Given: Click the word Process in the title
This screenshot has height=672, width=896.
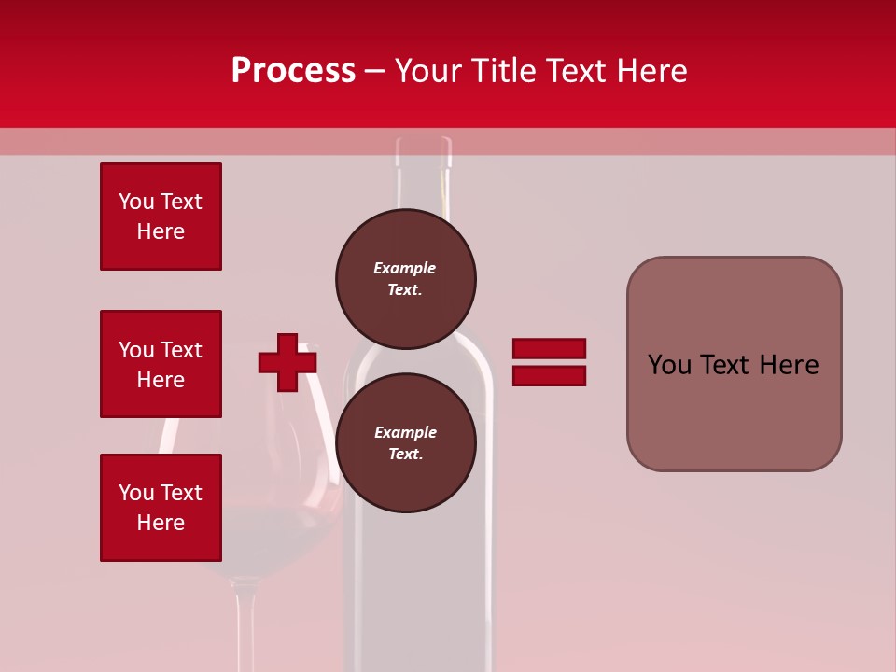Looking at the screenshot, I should click(293, 71).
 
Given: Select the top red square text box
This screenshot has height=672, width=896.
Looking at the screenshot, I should click(161, 217).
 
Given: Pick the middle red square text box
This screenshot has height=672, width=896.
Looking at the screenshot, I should click(161, 364).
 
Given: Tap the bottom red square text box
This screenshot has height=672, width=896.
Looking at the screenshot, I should click(161, 508).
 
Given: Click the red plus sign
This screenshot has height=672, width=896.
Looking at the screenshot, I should click(287, 362).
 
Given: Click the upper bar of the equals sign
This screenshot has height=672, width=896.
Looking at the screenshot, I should click(549, 349).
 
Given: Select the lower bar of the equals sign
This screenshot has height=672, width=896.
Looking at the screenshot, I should click(549, 375).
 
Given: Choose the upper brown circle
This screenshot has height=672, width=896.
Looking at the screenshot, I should click(406, 278).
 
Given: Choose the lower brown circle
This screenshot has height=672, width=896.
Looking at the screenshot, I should click(406, 442).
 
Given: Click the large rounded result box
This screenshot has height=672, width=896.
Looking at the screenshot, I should click(734, 364).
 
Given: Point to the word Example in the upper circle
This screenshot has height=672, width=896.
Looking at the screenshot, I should click(404, 268).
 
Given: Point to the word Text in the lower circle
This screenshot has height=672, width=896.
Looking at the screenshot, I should click(404, 455).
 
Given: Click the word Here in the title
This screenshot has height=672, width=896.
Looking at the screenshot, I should click(650, 71).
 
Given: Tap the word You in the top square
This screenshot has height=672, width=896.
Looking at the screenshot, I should click(135, 202).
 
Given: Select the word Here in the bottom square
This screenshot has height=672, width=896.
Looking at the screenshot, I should click(161, 523).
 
